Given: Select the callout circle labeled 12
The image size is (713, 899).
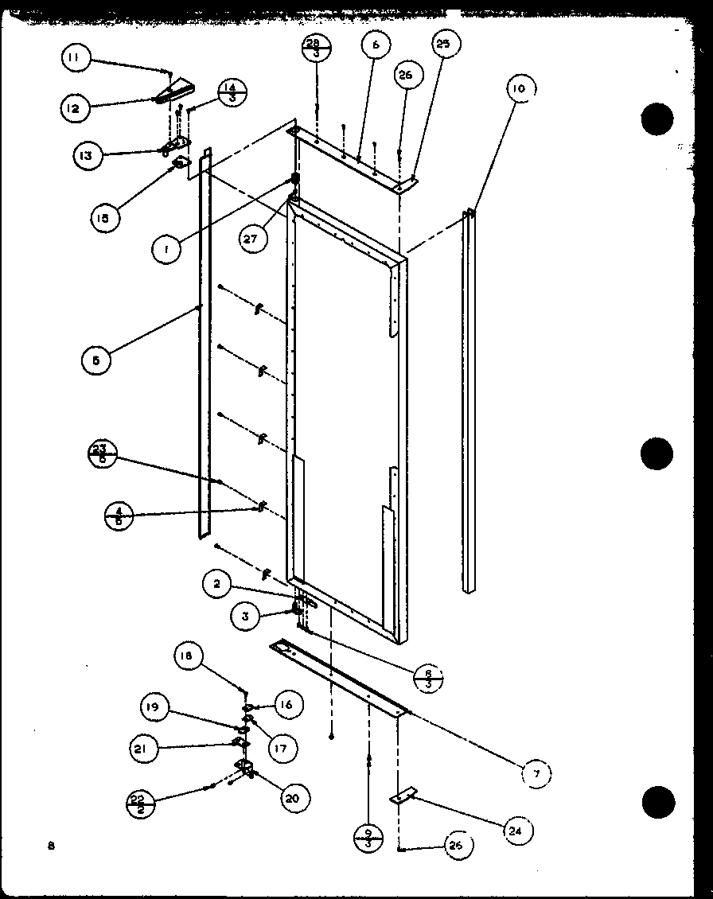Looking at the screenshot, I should pos(73,107).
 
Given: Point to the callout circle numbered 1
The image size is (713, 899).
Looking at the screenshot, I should pos(166,250).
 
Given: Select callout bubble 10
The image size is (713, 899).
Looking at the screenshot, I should pos(518,89).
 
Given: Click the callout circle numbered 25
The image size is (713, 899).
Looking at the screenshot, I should pos(442,45).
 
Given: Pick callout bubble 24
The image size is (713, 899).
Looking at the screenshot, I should pos(517,831).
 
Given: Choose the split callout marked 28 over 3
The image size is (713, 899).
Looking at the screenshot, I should pos(317,49).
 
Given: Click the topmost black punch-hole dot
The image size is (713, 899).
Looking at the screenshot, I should pos(657,121).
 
